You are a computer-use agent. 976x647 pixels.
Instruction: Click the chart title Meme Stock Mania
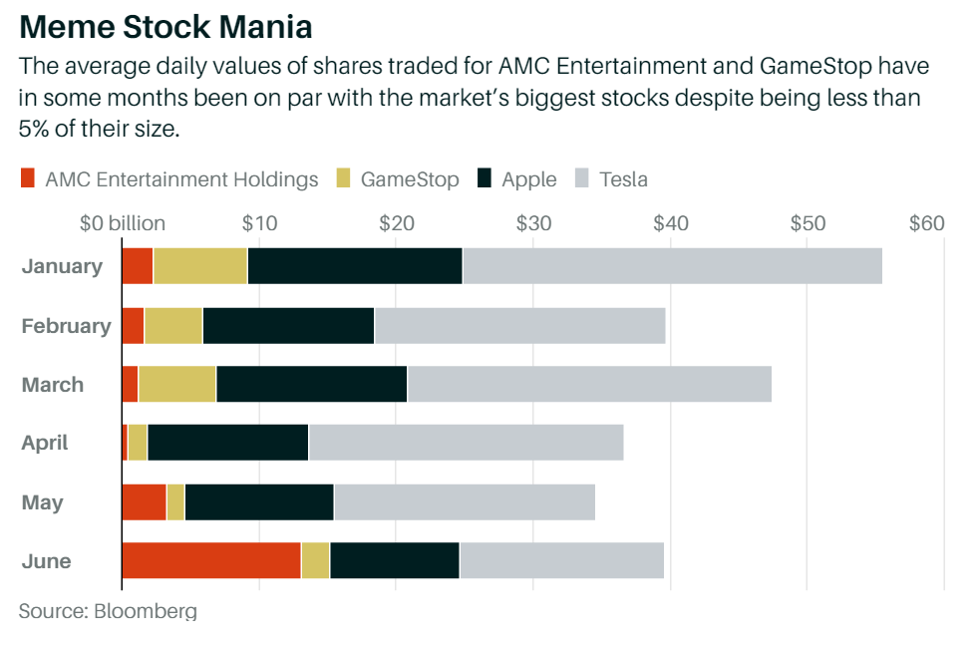click(165, 25)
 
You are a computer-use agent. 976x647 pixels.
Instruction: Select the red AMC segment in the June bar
click(211, 560)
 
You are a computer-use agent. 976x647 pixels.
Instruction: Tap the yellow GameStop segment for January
click(200, 266)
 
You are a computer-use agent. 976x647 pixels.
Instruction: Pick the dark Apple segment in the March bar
click(311, 384)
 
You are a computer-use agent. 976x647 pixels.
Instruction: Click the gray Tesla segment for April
click(466, 443)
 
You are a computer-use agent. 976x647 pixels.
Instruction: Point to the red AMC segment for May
click(144, 501)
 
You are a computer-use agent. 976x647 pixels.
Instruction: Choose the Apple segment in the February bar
click(288, 325)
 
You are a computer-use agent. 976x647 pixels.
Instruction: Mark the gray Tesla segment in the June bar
click(561, 560)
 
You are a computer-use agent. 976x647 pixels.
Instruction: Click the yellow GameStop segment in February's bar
click(173, 325)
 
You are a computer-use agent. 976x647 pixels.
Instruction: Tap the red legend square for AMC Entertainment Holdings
click(27, 179)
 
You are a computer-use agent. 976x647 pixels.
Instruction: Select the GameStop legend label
click(410, 179)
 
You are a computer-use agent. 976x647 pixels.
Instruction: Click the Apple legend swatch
click(485, 179)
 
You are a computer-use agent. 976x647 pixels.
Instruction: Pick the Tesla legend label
click(623, 179)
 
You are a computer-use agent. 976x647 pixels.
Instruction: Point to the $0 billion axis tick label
click(123, 222)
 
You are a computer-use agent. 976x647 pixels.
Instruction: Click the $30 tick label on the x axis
click(533, 222)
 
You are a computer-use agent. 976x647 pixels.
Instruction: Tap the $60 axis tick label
click(926, 222)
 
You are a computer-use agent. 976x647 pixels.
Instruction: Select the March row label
click(53, 385)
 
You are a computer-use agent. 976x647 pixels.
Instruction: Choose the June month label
click(47, 561)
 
